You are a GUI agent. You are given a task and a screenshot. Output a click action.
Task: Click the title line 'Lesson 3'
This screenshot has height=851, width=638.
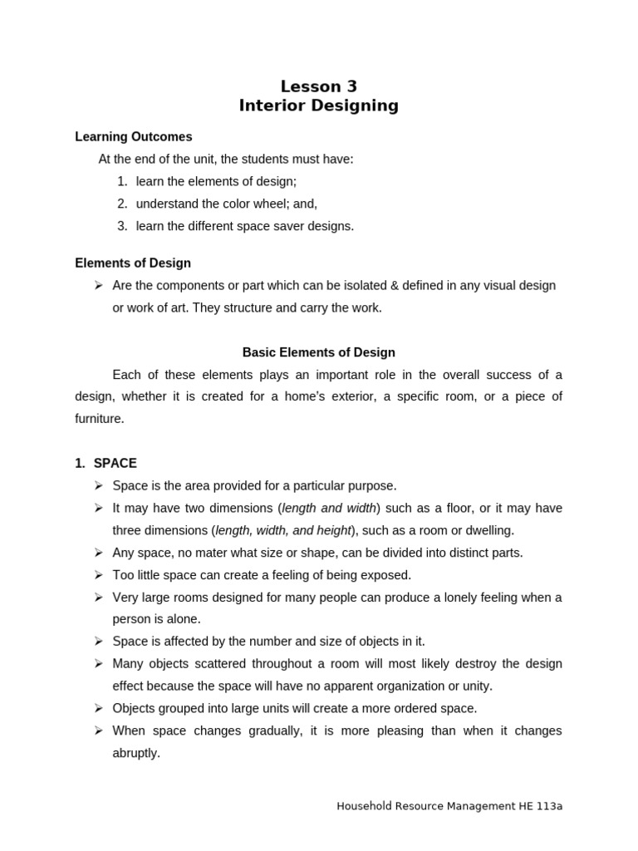319,86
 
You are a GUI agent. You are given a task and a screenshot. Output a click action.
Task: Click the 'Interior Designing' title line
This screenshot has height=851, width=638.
319,106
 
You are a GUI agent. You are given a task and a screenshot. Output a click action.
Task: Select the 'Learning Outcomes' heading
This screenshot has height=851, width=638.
134,136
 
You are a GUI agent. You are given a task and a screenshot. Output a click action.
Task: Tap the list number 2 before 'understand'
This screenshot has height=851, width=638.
122,204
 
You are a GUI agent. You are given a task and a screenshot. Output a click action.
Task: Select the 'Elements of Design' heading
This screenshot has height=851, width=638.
133,263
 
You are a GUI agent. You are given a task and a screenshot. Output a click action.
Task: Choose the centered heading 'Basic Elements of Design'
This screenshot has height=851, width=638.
319,352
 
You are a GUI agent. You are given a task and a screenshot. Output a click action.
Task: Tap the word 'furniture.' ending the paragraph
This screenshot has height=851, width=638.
99,419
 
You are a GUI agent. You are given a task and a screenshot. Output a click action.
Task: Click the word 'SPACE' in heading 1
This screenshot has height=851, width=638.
115,463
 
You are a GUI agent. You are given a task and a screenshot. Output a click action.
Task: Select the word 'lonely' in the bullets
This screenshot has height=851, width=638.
428,598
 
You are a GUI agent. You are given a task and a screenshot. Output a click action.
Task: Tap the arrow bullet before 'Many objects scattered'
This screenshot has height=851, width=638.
97,664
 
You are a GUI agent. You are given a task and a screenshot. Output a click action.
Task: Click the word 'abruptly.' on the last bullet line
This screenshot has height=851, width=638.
136,753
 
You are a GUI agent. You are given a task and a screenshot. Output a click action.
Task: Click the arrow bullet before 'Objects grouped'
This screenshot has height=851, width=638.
97,708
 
